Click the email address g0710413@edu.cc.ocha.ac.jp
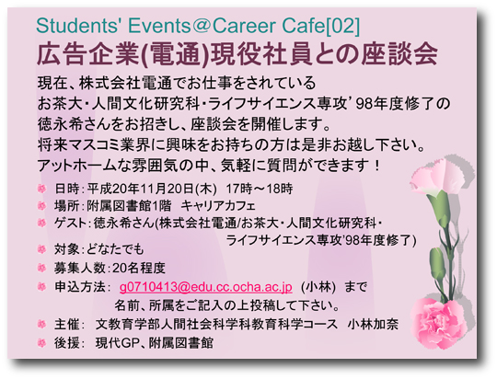click(x=206, y=287)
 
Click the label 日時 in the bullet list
click(x=66, y=189)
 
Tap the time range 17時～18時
click(x=260, y=189)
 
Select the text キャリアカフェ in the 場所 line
click(x=218, y=206)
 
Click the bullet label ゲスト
click(x=70, y=224)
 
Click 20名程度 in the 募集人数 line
click(x=139, y=269)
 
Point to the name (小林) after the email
click(x=318, y=287)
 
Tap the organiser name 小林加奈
click(x=373, y=325)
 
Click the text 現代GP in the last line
click(x=116, y=343)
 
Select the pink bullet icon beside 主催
click(x=41, y=324)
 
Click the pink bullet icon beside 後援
click(x=41, y=343)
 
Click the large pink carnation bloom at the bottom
click(x=439, y=323)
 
